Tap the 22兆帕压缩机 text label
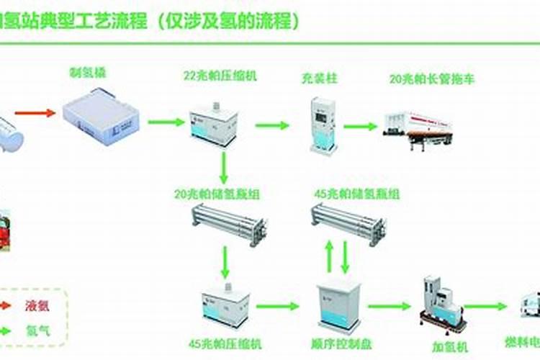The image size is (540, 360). pyautogui.click(x=214, y=75)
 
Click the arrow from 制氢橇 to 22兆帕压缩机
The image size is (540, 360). pyautogui.click(x=166, y=122)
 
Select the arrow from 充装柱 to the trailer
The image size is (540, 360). pyautogui.click(x=360, y=126)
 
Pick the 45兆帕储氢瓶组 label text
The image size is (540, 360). pyautogui.click(x=357, y=194)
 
